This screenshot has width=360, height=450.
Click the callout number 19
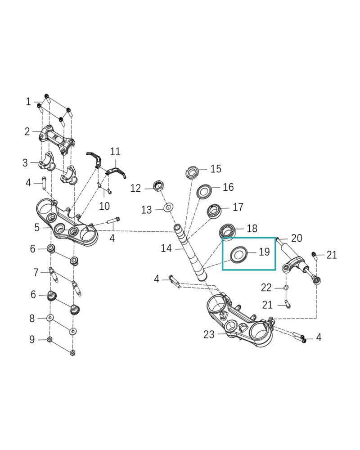(265, 252)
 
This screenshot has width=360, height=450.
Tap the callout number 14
(166, 248)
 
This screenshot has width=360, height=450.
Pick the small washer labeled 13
(168, 208)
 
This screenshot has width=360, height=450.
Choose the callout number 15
(216, 169)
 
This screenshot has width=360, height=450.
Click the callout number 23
(209, 334)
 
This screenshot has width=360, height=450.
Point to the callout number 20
(297, 238)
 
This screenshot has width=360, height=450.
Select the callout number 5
(37, 228)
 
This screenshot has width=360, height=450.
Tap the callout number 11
(116, 151)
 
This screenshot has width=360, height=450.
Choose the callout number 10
(104, 207)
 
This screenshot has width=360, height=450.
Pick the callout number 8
(32, 319)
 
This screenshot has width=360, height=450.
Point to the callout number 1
(28, 102)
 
